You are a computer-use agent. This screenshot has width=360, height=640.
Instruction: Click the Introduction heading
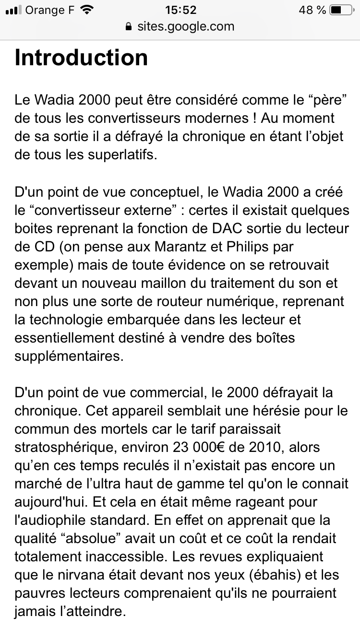click(x=81, y=58)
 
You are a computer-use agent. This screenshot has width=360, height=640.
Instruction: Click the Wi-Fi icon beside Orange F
click(x=87, y=10)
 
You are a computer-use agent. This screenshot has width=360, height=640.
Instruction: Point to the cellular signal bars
click(x=14, y=10)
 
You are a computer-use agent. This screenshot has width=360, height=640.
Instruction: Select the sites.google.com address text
click(x=186, y=26)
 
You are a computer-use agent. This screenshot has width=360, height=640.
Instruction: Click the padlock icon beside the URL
click(x=128, y=26)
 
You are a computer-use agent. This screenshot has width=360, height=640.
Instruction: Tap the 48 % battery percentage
click(x=312, y=10)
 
